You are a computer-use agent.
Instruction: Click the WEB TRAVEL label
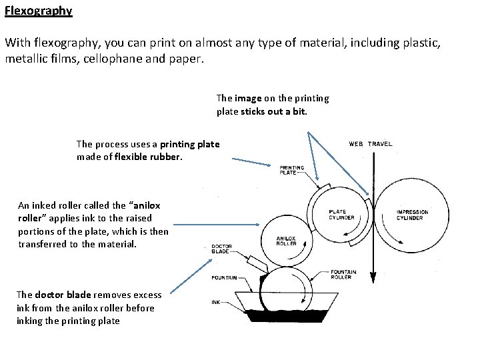pos(370,143)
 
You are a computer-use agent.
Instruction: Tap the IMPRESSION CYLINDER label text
pos(412,215)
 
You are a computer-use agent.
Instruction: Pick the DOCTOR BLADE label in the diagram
pos(221,249)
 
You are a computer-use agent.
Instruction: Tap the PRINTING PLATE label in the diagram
pos(292,169)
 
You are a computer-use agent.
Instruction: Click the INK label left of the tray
pos(217,301)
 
